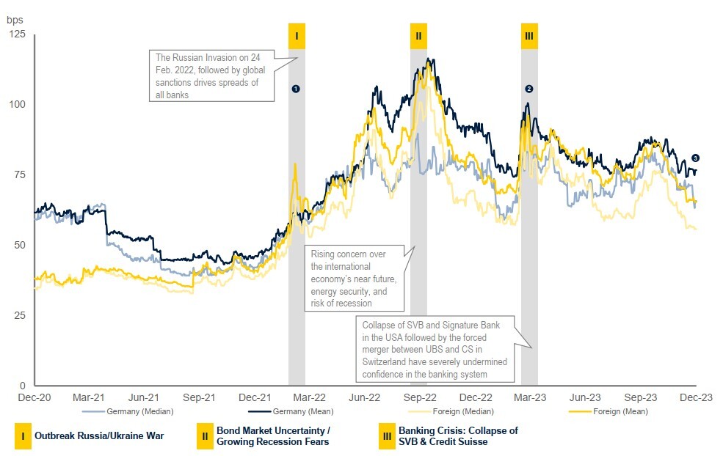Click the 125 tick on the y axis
tap(16, 36)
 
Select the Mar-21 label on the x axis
tap(88, 397)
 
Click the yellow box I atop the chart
tap(297, 36)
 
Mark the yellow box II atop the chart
tap(418, 36)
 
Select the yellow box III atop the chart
tap(529, 36)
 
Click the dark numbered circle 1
tap(296, 88)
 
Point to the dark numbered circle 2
tap(528, 88)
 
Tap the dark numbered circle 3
tap(695, 158)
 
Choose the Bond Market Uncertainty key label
tap(273, 436)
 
